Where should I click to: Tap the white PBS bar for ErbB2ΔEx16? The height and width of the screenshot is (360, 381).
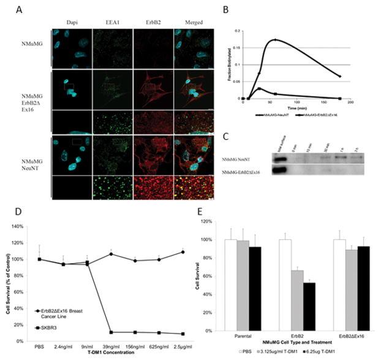(x=339, y=285)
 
